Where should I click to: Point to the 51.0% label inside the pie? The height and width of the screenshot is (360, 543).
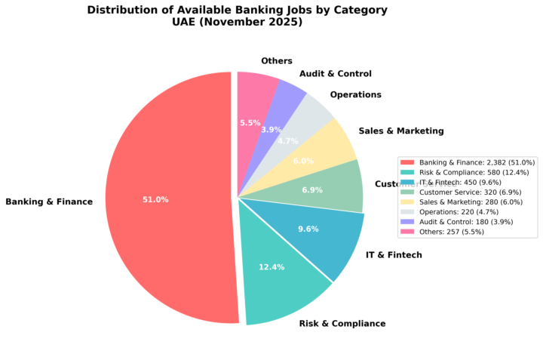pos(155,200)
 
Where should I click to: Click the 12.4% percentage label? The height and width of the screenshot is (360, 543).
pos(271,268)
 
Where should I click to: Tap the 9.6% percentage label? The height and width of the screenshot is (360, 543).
pos(308,229)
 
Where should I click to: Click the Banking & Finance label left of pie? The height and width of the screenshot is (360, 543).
pos(49,202)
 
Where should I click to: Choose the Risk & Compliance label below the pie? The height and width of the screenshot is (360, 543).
pos(342,324)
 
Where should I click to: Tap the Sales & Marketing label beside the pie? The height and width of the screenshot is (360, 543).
pos(400,131)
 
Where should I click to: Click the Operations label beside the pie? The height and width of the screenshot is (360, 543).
pos(355,95)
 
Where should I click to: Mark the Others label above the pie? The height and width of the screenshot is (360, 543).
pos(276,61)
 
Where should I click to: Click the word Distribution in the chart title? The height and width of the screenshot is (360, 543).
pos(126,11)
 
